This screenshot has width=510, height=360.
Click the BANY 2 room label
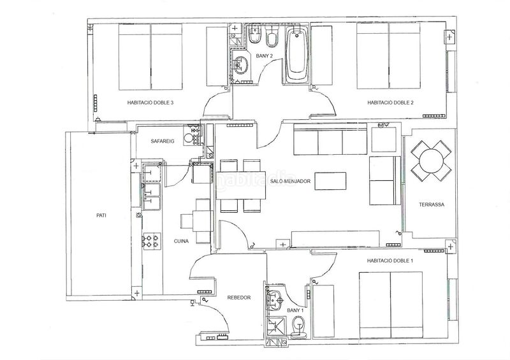coord(264,56)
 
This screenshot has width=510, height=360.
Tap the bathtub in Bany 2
coord(297,55)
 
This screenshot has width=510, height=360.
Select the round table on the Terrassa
coord(431,161)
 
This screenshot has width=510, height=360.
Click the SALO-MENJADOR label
coord(290,181)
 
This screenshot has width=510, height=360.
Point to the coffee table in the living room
coord(330,181)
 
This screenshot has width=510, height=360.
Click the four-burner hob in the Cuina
coord(152,241)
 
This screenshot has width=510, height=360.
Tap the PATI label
coord(101,215)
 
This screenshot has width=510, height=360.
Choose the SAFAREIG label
coord(163,141)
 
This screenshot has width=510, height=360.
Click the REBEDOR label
coord(239,297)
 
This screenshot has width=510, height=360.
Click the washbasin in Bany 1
coord(275,300)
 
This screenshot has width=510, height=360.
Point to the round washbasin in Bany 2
coord(240,65)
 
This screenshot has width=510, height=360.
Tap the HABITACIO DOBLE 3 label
coord(150,103)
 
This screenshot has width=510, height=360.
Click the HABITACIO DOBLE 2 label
coord(390,103)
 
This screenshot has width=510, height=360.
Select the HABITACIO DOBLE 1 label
coord(390,261)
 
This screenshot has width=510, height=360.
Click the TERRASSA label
coord(432,205)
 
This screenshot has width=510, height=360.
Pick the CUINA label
coord(181,241)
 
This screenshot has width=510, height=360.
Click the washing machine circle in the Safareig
coord(188,138)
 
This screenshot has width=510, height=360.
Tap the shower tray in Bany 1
coord(275,328)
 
